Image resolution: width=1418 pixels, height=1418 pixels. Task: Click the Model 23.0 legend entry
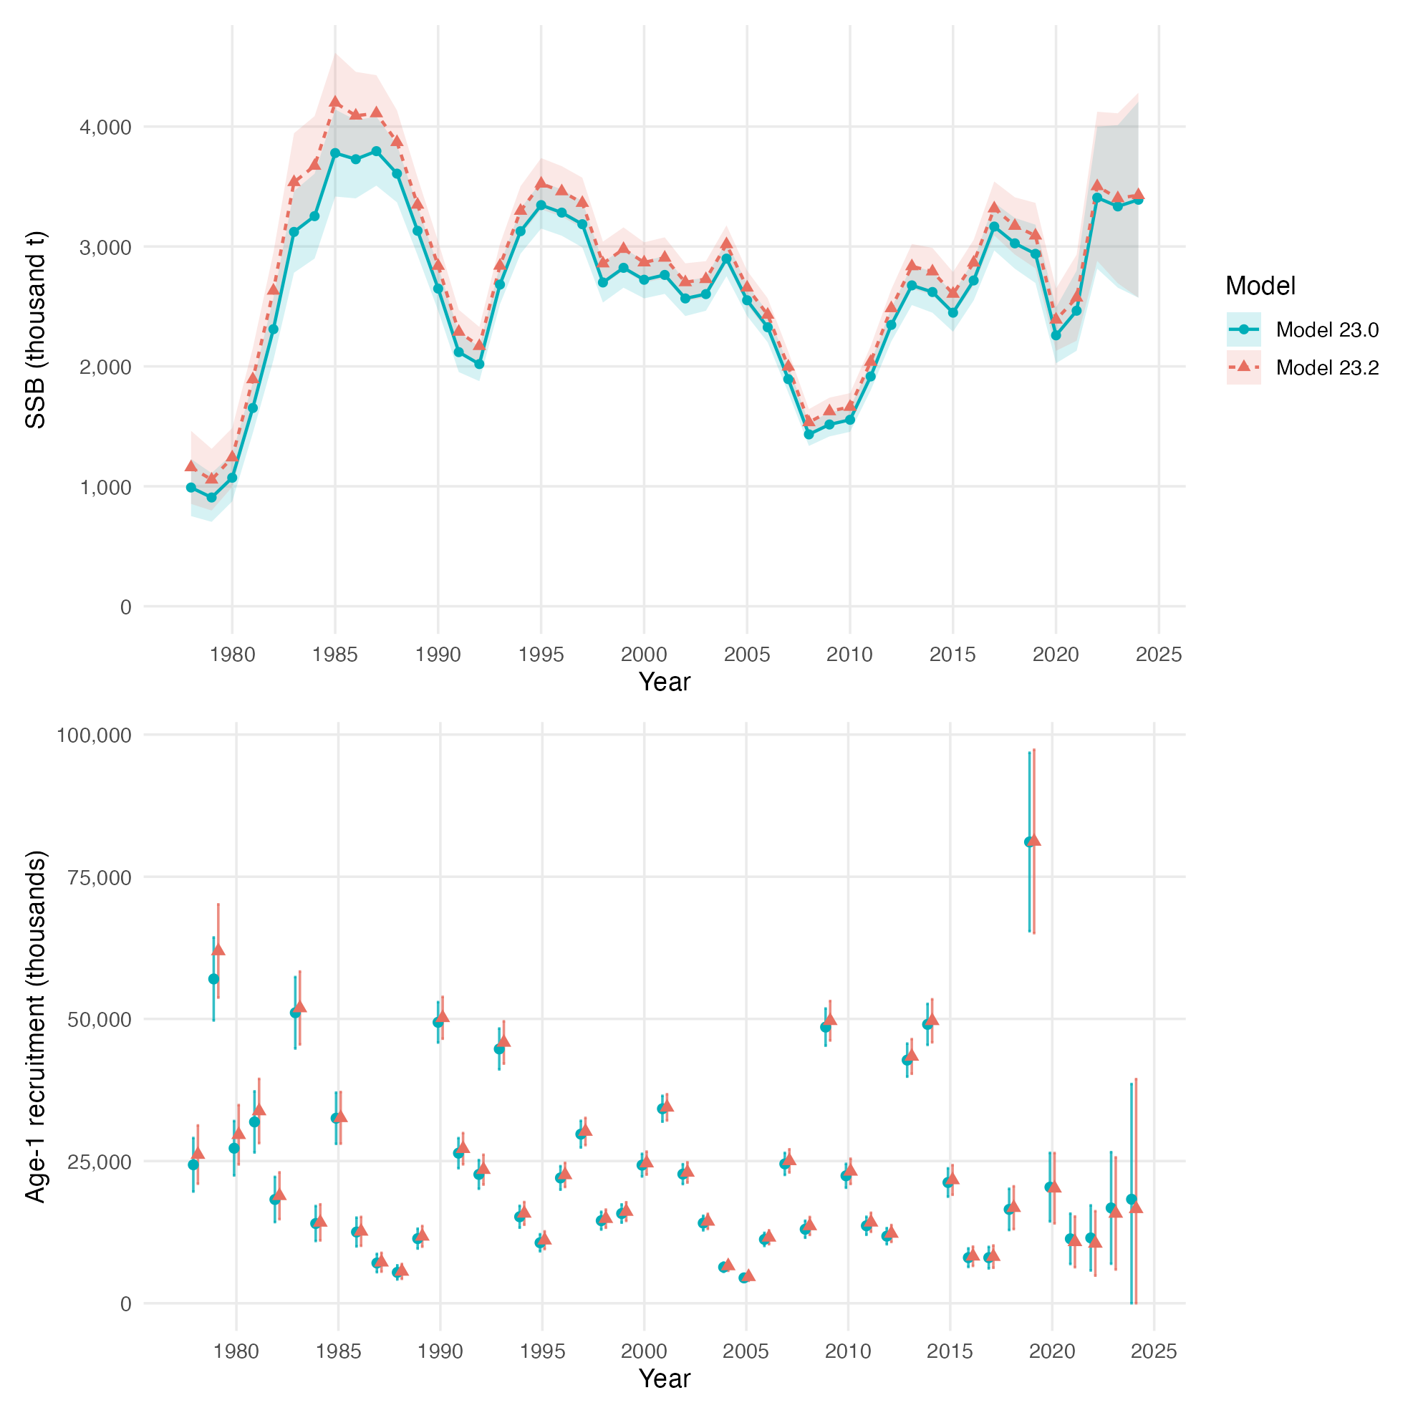pyautogui.click(x=1303, y=330)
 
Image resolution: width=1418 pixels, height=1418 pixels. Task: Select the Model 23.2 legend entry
pyautogui.click(x=1303, y=367)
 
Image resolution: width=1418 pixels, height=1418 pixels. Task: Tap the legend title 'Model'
pyautogui.click(x=1260, y=286)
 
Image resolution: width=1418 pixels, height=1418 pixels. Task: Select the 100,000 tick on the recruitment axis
pyautogui.click(x=95, y=735)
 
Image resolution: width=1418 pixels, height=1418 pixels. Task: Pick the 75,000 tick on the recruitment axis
pyautogui.click(x=100, y=878)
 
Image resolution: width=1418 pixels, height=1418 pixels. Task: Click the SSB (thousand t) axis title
pyautogui.click(x=35, y=329)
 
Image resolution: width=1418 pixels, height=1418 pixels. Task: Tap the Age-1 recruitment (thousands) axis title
pyautogui.click(x=35, y=1028)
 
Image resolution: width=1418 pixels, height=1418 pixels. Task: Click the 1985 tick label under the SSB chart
pyautogui.click(x=334, y=654)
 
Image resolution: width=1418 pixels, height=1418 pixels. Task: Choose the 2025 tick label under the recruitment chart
pyautogui.click(x=1154, y=1351)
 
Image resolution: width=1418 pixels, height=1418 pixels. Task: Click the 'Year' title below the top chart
pyautogui.click(x=664, y=682)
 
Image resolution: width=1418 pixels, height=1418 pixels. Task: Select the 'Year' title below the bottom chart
pyautogui.click(x=664, y=1379)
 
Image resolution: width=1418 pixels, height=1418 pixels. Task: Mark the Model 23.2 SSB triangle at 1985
pyautogui.click(x=335, y=102)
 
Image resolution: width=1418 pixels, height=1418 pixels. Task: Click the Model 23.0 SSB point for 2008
pyautogui.click(x=809, y=435)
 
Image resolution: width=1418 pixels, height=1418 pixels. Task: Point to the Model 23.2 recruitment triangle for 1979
pyautogui.click(x=218, y=950)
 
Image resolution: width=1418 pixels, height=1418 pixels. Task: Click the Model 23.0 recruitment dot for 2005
pyautogui.click(x=743, y=1277)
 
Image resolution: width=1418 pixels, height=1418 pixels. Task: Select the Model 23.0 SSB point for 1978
pyautogui.click(x=190, y=487)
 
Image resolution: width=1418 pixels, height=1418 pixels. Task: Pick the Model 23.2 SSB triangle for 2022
pyautogui.click(x=1097, y=185)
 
